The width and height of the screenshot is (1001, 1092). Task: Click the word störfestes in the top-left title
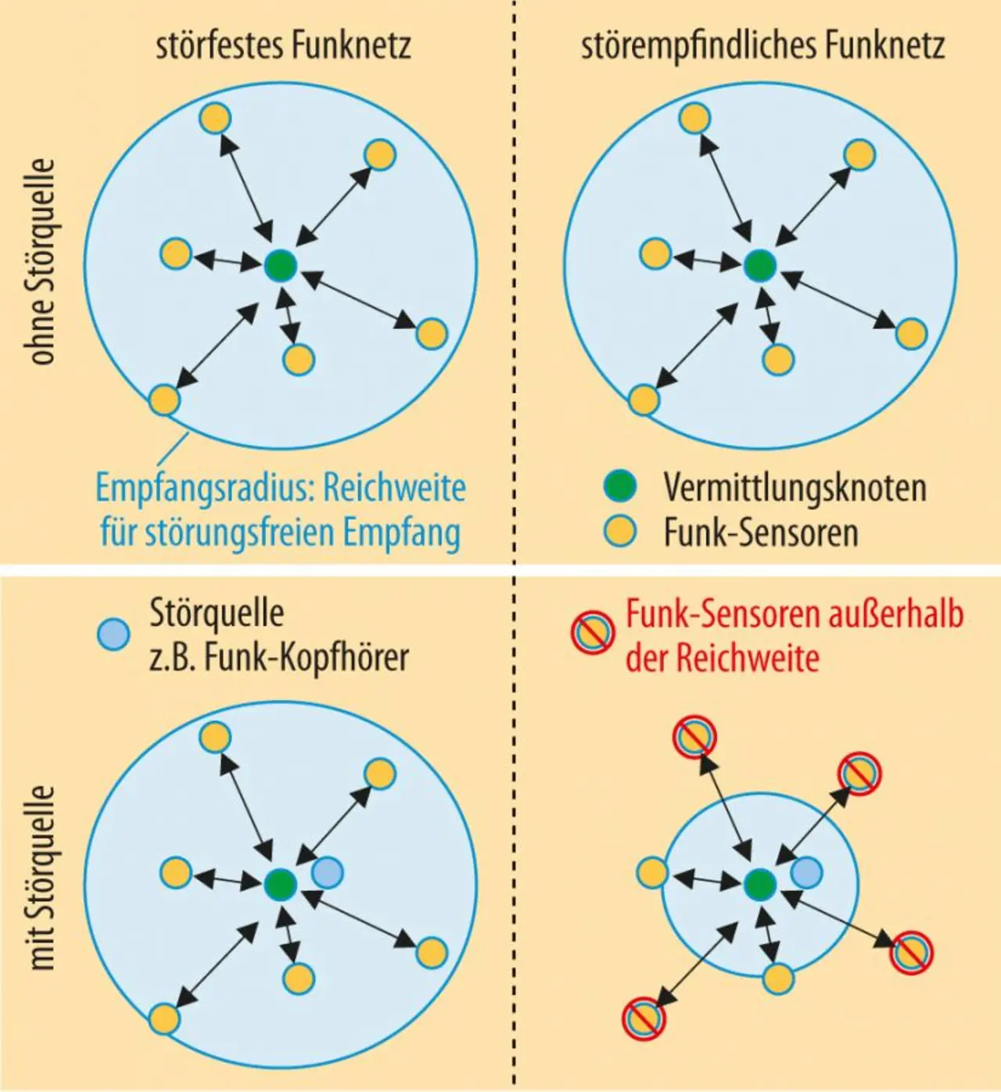click(x=219, y=45)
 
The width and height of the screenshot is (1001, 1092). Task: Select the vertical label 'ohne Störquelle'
click(x=42, y=262)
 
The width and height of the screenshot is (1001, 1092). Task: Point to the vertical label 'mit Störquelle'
click(x=42, y=878)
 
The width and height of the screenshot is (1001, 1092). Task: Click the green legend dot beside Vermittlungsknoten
click(x=620, y=486)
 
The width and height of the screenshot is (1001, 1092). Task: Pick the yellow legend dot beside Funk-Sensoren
click(x=620, y=531)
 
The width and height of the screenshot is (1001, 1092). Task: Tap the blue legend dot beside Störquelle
click(x=113, y=634)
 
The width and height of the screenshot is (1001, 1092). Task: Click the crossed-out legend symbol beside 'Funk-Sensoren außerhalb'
click(x=592, y=633)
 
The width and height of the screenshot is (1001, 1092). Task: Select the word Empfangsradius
click(x=203, y=488)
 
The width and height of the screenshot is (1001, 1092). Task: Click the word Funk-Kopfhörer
click(x=307, y=658)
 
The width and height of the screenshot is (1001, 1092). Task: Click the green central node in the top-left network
click(x=279, y=267)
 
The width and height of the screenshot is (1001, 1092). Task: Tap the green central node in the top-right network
click(x=759, y=266)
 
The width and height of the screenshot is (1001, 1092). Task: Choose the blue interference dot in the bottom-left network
click(x=327, y=871)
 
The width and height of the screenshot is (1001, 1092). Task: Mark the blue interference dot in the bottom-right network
click(x=806, y=871)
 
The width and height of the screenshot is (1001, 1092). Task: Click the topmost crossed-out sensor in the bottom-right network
click(x=694, y=737)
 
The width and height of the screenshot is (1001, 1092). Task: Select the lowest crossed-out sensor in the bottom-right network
click(x=644, y=1018)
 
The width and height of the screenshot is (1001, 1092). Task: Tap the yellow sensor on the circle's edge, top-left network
click(x=164, y=400)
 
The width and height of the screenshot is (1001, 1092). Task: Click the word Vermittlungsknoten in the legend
click(x=795, y=487)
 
